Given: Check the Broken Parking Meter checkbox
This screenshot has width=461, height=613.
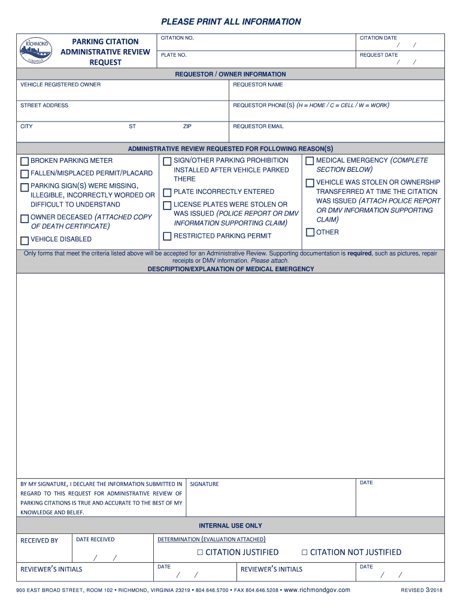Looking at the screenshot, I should click(25, 161).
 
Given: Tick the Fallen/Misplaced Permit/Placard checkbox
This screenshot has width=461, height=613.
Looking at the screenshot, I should click(25, 174).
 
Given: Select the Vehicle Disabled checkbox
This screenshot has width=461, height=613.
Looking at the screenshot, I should click(25, 241).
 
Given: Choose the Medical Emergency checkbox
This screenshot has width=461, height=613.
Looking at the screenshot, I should click(310, 161).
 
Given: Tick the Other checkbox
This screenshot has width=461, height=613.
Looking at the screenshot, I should click(310, 232).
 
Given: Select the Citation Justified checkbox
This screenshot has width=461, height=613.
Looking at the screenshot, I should click(201, 553).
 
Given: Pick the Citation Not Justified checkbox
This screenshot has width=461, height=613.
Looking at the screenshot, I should click(305, 553).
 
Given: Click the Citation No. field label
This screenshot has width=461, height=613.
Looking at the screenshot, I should click(177, 38).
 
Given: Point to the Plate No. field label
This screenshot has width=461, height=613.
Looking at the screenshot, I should click(174, 55).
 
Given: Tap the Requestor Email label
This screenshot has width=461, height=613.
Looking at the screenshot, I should click(258, 126).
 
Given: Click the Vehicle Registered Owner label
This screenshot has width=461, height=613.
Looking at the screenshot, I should click(60, 84).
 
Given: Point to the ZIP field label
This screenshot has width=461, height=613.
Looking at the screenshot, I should click(187, 126).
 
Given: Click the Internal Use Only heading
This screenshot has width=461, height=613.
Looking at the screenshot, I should click(230, 526).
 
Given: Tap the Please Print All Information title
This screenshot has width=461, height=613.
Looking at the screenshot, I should click(230, 22).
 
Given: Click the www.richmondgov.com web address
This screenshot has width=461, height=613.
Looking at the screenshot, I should click(317, 590).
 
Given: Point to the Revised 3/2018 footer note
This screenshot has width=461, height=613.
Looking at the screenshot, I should click(422, 591).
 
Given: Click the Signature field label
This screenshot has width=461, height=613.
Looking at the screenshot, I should click(205, 484).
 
